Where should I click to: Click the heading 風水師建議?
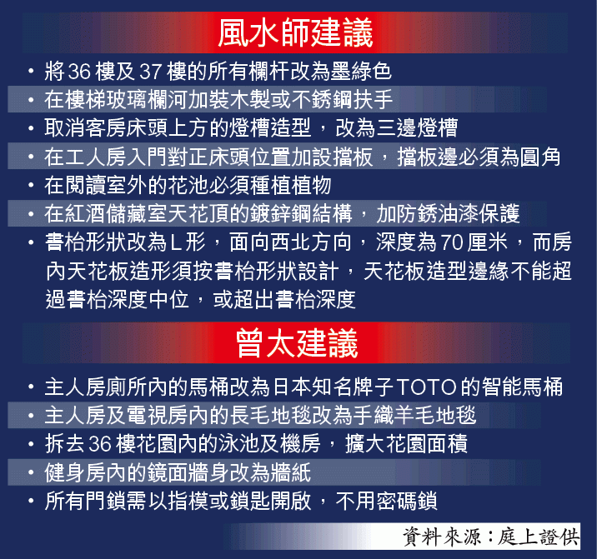click(x=295, y=33)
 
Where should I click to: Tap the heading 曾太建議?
click(x=297, y=343)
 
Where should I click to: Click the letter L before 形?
click(x=176, y=242)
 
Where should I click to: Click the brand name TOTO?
click(x=426, y=387)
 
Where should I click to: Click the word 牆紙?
click(x=290, y=472)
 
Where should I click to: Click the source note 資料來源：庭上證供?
click(x=491, y=537)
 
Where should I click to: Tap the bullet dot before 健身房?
click(x=31, y=472)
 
